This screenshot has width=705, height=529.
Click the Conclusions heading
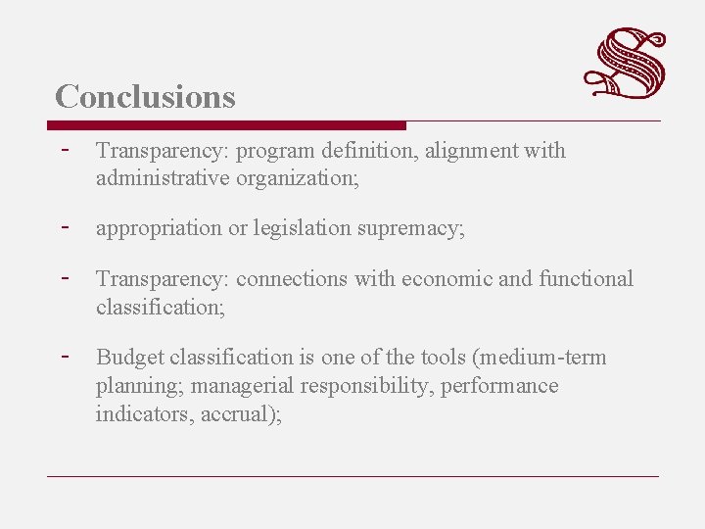point(145,97)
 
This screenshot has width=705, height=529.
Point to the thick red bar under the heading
point(226,125)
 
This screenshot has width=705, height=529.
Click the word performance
point(499,386)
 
